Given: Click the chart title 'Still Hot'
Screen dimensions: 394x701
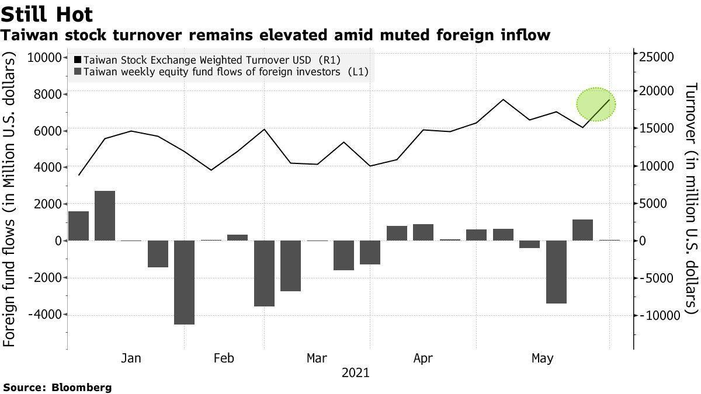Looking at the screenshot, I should click(47, 14).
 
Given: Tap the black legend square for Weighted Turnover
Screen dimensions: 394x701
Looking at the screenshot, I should click(78, 60).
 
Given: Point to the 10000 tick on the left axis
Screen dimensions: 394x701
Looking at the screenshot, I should click(44, 57).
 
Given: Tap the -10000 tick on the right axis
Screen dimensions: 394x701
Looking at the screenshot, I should click(660, 315).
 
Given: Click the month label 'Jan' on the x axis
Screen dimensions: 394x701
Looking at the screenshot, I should click(131, 358).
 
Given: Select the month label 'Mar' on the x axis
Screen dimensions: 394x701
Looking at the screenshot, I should click(317, 358).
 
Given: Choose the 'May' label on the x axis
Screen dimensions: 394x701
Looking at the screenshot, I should click(542, 358).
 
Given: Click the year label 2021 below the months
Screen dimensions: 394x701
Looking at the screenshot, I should click(356, 372).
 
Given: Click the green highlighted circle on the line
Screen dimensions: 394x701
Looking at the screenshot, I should click(596, 104).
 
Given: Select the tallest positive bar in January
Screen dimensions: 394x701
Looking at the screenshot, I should click(105, 215).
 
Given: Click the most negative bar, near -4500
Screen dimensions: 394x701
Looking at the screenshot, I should click(184, 282).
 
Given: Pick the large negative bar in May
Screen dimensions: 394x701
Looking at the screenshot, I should click(556, 271).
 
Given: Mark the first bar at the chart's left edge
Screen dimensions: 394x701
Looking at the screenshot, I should click(78, 226).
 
